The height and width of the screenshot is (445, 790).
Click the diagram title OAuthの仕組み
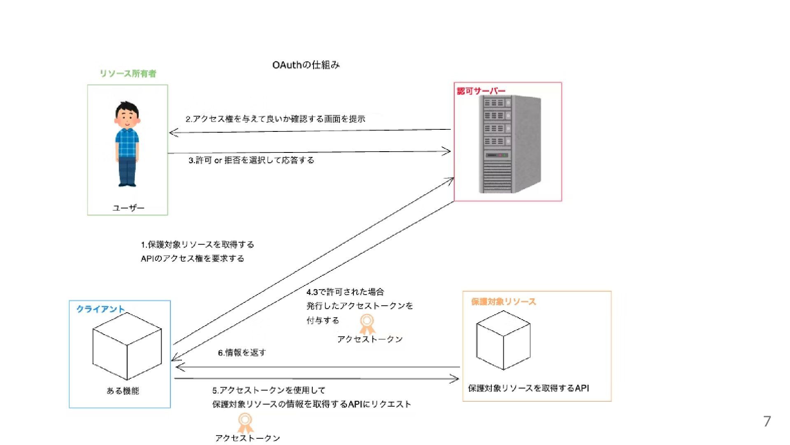(306, 65)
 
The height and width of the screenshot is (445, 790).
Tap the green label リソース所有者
(128, 74)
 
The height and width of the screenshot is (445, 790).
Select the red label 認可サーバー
(481, 91)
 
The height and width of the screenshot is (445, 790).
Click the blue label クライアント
(100, 309)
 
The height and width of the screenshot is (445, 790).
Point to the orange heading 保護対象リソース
(504, 302)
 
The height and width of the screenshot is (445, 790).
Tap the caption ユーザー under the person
(128, 208)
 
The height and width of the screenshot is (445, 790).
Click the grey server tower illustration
(510, 144)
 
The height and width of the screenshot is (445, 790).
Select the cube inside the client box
(127, 346)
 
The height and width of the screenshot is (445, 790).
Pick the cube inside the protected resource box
(503, 340)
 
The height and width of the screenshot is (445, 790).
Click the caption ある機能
(123, 391)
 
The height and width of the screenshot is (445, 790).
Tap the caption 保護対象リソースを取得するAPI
(528, 388)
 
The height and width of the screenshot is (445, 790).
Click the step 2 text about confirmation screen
(275, 119)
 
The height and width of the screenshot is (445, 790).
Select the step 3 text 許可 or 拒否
(251, 160)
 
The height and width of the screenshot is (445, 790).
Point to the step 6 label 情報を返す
(242, 353)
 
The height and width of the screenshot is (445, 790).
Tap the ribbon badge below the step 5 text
(245, 423)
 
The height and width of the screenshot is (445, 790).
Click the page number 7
(767, 422)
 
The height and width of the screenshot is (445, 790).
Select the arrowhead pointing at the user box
(173, 133)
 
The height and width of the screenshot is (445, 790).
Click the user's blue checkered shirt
(127, 142)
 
